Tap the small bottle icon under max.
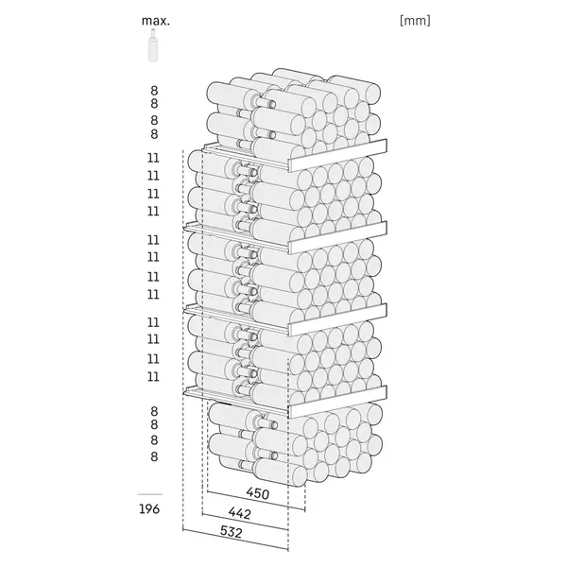coord(150,48)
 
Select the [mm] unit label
coord(415,19)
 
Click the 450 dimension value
coord(258,493)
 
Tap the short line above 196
coord(150,493)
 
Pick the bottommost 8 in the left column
coord(153,456)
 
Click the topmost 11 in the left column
coord(153,158)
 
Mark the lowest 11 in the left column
coord(153,376)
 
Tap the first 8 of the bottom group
coord(153,411)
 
